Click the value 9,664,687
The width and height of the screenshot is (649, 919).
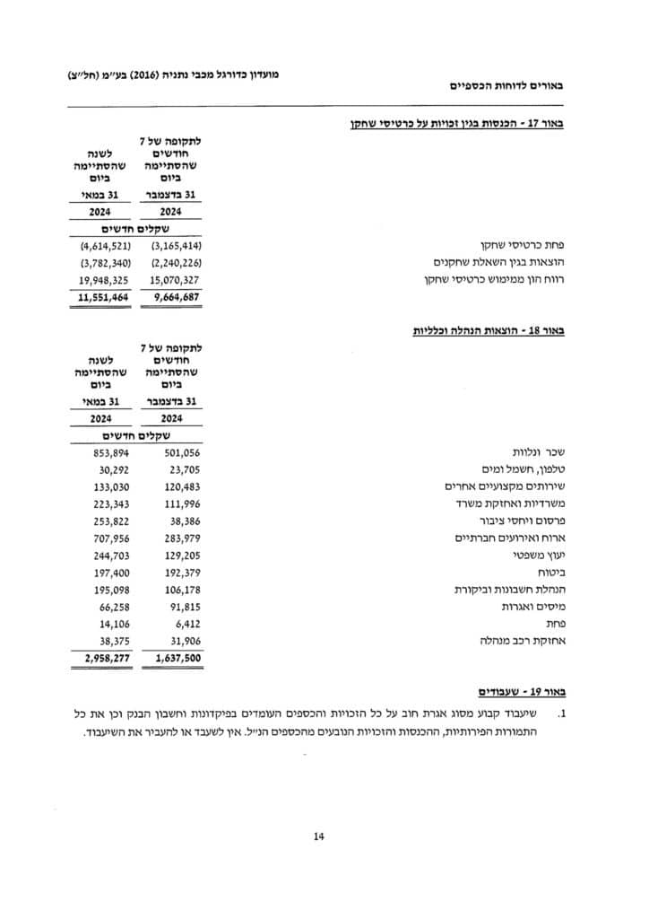(176, 296)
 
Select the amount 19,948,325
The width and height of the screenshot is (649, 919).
(106, 279)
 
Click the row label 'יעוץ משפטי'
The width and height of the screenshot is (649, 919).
(547, 556)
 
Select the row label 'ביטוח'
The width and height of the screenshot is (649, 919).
(560, 573)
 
